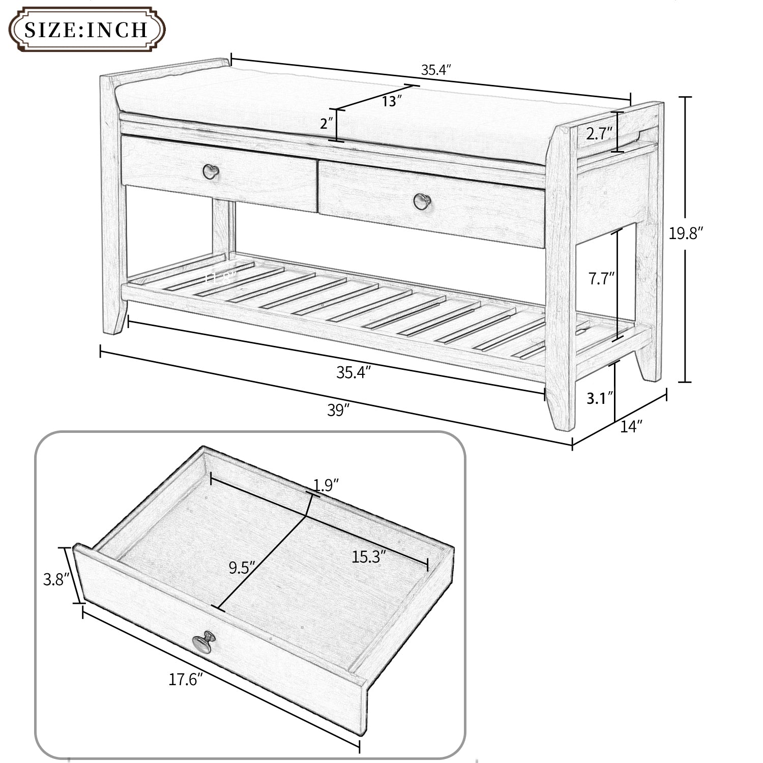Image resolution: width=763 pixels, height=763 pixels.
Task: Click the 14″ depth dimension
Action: click(x=632, y=426)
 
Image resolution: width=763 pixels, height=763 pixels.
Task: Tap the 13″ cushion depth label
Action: click(x=392, y=101)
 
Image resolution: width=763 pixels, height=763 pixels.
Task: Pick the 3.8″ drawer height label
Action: click(x=55, y=579)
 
